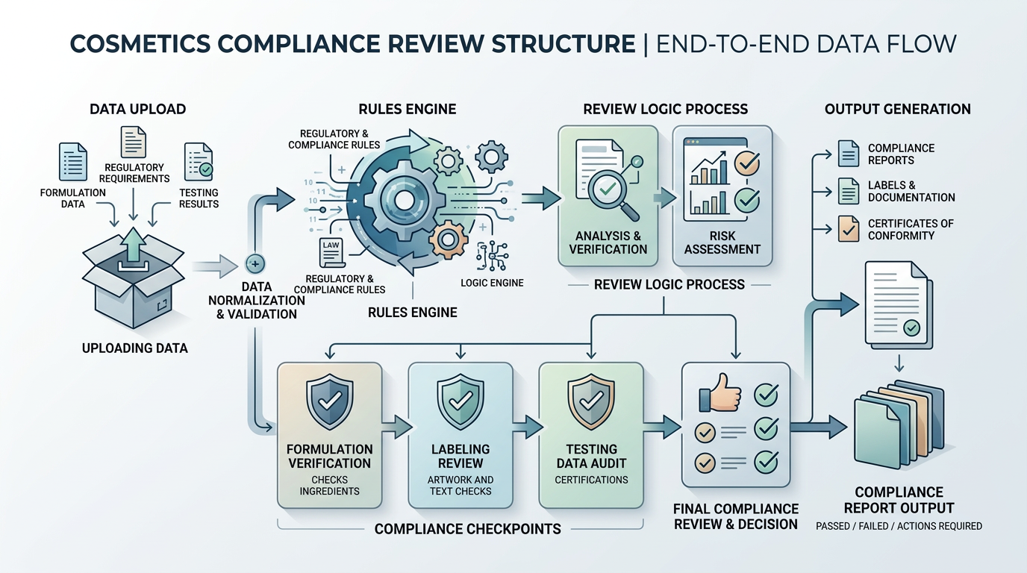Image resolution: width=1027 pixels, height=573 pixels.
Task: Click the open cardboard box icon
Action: [x=132, y=281]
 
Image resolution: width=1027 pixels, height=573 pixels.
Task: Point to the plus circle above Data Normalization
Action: [x=255, y=263]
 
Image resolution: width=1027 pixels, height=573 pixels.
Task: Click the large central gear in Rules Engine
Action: [x=404, y=200]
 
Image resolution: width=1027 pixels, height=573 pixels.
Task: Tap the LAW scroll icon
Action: [x=330, y=254]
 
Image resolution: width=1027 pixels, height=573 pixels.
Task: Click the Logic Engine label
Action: [x=492, y=283]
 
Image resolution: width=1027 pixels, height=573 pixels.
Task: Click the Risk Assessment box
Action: [x=722, y=195]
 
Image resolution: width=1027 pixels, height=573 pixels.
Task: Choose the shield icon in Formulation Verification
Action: [x=329, y=403]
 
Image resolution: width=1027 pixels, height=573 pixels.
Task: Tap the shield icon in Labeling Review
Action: [x=461, y=403]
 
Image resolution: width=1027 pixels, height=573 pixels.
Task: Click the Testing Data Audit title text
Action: [x=591, y=456]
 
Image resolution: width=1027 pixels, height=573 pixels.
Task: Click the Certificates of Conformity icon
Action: [x=849, y=229]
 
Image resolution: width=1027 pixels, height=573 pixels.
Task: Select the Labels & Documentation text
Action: [x=911, y=191]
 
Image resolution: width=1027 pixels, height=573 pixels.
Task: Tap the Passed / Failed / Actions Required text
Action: [x=899, y=526]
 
